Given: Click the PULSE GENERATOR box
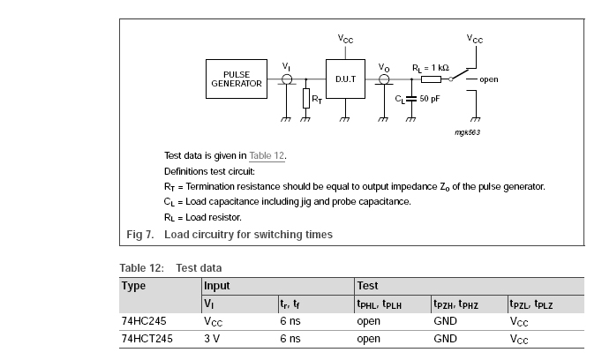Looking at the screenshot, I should click(237, 79).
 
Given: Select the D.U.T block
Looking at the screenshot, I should click(344, 79).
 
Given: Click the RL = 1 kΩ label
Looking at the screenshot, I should click(431, 67).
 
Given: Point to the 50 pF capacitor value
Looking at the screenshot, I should click(429, 98).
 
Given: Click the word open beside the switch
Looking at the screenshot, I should click(488, 79).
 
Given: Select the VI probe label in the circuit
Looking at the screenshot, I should click(286, 66).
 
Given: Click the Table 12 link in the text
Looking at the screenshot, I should click(266, 156).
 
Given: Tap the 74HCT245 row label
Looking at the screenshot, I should click(143, 338).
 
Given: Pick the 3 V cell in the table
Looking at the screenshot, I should click(212, 338).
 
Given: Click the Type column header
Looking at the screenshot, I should click(133, 286).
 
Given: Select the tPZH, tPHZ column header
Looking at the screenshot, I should click(455, 304).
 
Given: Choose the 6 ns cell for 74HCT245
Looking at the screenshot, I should click(290, 338).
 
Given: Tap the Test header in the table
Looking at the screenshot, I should click(367, 286).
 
